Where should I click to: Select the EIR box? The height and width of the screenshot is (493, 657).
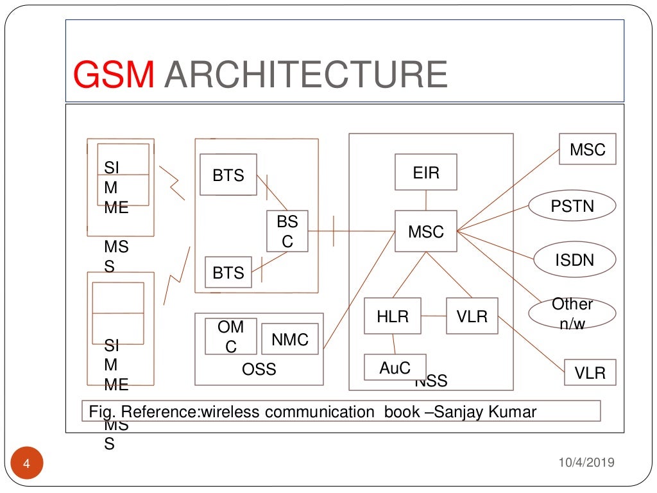pos(426,172)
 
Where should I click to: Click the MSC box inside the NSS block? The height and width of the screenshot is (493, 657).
pos(426,231)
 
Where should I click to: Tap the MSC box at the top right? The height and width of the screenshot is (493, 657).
pos(587,149)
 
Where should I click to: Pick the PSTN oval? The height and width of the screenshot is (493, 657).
pos(572,207)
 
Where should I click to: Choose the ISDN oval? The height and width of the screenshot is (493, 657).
pos(574,260)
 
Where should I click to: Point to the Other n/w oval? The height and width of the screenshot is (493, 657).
pos(572,313)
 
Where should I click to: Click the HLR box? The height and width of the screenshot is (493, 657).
pos(393,316)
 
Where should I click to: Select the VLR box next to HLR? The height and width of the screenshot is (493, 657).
pos(472,316)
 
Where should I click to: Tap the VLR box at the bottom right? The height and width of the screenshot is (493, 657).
pos(590,372)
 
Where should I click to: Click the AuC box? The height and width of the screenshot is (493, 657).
pos(394,367)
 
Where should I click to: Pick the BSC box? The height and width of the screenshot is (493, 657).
pos(287,231)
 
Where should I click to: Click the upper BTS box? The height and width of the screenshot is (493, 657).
pos(228,175)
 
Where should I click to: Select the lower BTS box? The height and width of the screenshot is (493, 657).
pos(228,272)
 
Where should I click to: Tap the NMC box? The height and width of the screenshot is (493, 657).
pos(290,339)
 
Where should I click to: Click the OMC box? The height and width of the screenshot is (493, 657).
pos(230,336)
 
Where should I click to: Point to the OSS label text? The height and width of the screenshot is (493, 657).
pos(259,370)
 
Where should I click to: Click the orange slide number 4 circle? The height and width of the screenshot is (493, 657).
pos(27,464)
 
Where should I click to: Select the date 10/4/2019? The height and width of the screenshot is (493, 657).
pos(586,462)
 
